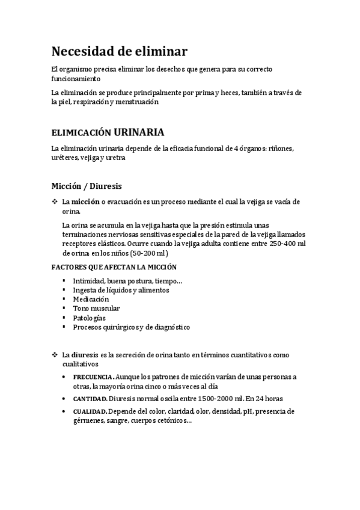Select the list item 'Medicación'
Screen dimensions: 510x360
[x=91, y=299]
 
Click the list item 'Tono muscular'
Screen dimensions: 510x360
[x=96, y=308]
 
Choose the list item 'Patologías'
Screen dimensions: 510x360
[x=89, y=318]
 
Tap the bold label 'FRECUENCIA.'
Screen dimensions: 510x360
[x=93, y=377]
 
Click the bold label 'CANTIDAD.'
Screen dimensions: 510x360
[x=91, y=398]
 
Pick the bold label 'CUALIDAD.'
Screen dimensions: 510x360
[x=91, y=411]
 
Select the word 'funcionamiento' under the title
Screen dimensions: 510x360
[x=76, y=79]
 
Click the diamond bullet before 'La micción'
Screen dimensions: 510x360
[x=55, y=202]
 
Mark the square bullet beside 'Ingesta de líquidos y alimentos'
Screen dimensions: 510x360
[x=64, y=290]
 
